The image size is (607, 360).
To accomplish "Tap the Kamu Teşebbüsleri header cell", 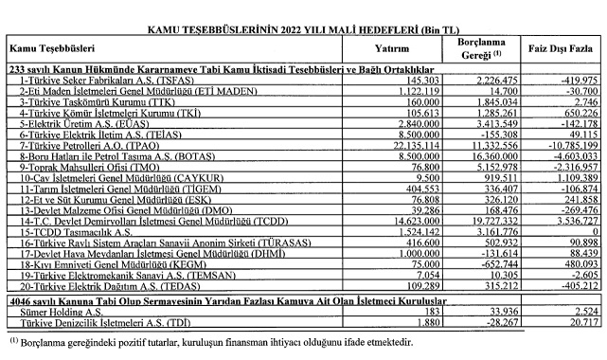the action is coord(57,45).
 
